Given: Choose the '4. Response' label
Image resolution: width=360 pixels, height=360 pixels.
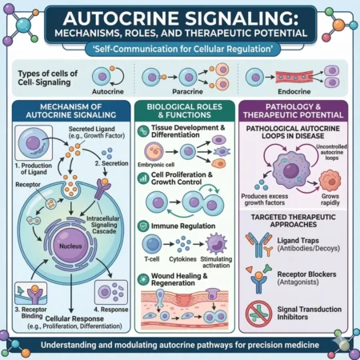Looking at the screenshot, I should tap(110, 309).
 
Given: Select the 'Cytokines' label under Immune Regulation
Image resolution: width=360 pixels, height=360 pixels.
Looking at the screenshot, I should tap(186, 259).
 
